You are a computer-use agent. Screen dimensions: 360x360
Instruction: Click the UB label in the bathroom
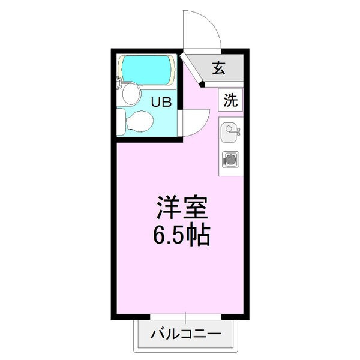click(161, 102)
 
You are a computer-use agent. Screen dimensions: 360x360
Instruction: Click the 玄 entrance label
click(218, 68)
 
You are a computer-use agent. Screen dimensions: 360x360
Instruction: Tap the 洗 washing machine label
click(230, 101)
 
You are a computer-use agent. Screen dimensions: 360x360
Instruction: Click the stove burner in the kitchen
click(230, 159)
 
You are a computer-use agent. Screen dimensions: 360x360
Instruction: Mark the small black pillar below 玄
click(202, 85)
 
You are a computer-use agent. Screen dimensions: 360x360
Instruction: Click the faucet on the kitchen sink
click(236, 128)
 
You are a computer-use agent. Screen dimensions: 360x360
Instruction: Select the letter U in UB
click(156, 102)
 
